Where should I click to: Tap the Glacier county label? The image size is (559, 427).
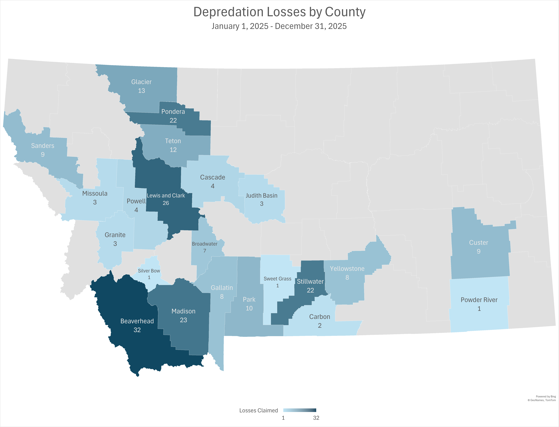(141, 82)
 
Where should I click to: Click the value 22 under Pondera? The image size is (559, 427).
(173, 120)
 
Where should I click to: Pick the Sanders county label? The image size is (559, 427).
(43, 146)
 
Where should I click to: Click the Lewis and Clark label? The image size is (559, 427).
(166, 195)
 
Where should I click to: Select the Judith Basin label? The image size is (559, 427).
(262, 195)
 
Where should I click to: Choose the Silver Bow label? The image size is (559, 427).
(149, 271)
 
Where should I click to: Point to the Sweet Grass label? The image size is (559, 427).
(277, 279)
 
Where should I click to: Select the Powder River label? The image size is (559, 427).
(479, 300)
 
